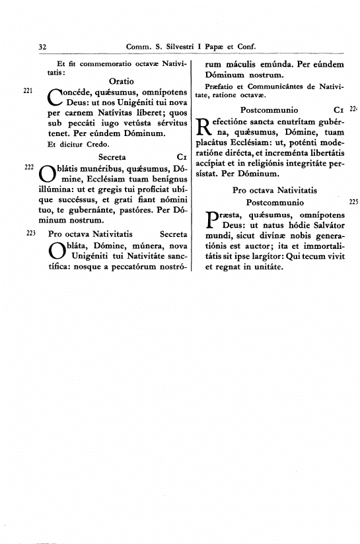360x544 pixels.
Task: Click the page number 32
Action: click(x=42, y=47)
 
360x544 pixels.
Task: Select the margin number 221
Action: click(x=28, y=90)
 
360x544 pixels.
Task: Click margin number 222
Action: click(x=28, y=168)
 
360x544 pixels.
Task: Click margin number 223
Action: click(x=30, y=233)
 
